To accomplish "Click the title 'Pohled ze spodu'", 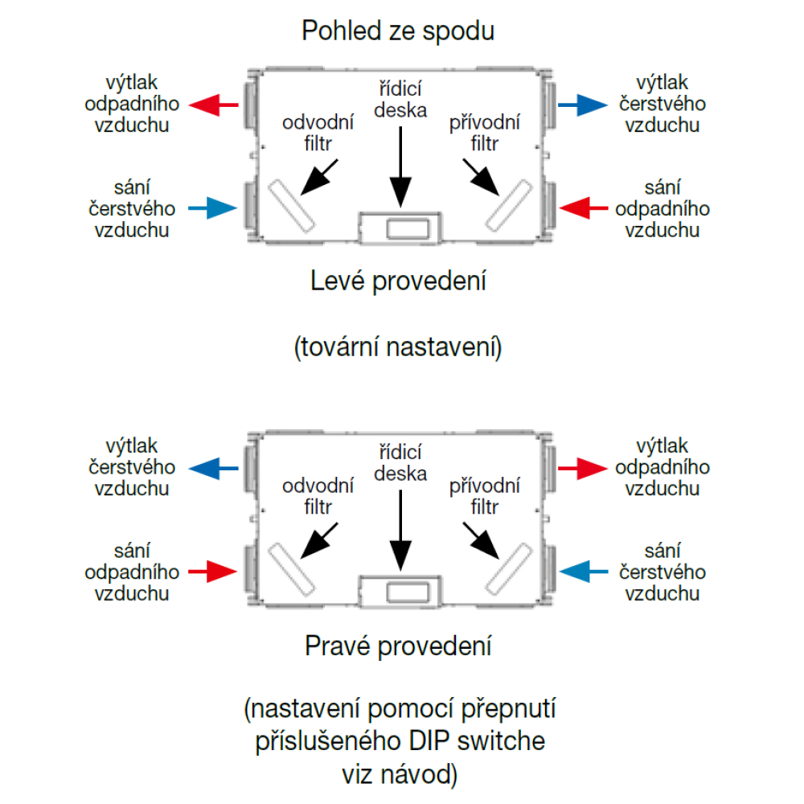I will pyautogui.click(x=397, y=31).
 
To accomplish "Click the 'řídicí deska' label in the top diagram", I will pyautogui.click(x=400, y=100).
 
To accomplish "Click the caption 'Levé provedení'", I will pyautogui.click(x=399, y=282).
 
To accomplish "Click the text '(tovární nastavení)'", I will pyautogui.click(x=398, y=348).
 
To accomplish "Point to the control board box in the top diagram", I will pyautogui.click(x=400, y=227).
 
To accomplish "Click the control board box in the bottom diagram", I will pyautogui.click(x=400, y=591).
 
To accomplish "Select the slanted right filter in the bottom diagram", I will pyautogui.click(x=508, y=568).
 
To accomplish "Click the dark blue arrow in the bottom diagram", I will pyautogui.click(x=213, y=467).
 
